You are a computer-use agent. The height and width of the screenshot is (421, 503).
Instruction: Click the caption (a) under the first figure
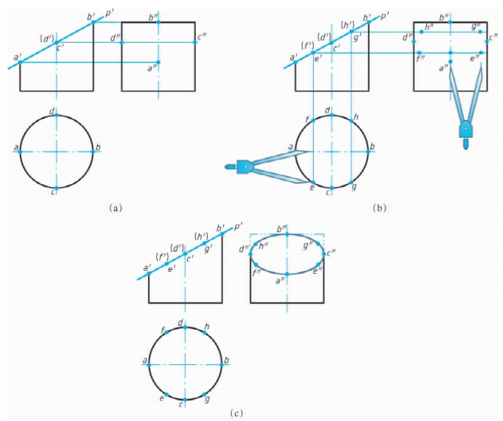(116, 208)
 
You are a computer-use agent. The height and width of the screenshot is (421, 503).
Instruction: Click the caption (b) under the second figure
(379, 208)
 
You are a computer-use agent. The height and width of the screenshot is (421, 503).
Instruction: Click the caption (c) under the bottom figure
(236, 414)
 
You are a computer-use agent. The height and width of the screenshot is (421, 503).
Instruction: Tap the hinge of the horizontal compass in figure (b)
(245, 167)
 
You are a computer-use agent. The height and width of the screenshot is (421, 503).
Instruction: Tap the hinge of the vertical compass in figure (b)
(465, 129)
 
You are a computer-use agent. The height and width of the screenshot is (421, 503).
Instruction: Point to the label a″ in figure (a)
(151, 68)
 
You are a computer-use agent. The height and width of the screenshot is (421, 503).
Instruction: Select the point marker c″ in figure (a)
(194, 43)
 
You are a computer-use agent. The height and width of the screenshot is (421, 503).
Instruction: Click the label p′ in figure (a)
(109, 13)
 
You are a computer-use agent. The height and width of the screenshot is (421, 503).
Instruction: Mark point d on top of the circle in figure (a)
(57, 115)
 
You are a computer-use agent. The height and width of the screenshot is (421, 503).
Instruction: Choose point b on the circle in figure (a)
(93, 152)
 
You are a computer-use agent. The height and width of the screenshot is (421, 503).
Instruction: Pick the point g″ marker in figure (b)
(480, 32)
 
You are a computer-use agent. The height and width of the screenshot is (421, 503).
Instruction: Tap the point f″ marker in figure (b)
(419, 52)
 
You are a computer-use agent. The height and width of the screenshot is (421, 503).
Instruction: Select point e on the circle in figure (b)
(313, 183)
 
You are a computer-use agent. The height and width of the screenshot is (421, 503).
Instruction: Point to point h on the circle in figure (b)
(351, 121)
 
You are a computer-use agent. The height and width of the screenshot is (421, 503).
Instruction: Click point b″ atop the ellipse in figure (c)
(287, 234)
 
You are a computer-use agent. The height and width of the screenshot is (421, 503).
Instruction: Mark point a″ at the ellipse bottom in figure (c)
(287, 274)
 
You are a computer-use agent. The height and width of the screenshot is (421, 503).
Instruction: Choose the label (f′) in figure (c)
(162, 257)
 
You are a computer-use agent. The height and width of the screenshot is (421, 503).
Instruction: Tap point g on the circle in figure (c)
(204, 394)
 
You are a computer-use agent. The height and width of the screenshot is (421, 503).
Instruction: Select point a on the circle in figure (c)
(149, 364)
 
